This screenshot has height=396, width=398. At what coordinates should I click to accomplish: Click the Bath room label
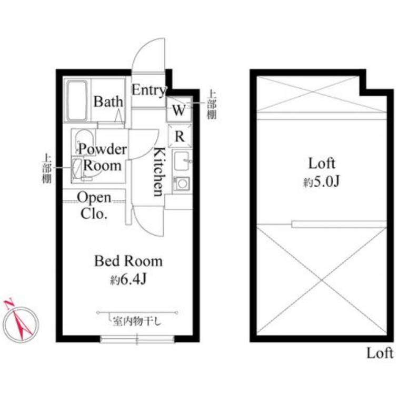click(108, 101)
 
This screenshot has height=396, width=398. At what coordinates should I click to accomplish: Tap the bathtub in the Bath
click(77, 100)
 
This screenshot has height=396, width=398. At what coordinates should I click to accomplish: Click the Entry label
click(149, 90)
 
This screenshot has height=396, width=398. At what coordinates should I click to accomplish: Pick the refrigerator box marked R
click(180, 136)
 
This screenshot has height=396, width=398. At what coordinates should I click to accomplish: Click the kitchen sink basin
click(181, 161)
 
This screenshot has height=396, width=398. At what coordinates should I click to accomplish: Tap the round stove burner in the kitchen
click(182, 184)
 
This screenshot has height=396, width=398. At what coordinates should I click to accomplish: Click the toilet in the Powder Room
click(85, 142)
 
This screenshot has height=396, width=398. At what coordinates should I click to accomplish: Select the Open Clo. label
click(94, 205)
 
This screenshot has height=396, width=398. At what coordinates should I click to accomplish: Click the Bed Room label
click(128, 261)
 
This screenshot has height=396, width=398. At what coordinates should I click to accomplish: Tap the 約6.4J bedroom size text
click(128, 279)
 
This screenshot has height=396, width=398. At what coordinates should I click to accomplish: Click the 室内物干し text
click(137, 322)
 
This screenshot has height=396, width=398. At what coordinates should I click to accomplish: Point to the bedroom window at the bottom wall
click(137, 339)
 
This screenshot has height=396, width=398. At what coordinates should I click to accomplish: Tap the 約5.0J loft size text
click(322, 182)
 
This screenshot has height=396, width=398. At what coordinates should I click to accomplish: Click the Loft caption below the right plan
click(380, 353)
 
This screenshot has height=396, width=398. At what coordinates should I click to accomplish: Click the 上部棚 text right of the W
click(212, 105)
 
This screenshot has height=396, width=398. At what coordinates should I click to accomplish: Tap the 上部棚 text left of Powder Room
click(47, 169)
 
